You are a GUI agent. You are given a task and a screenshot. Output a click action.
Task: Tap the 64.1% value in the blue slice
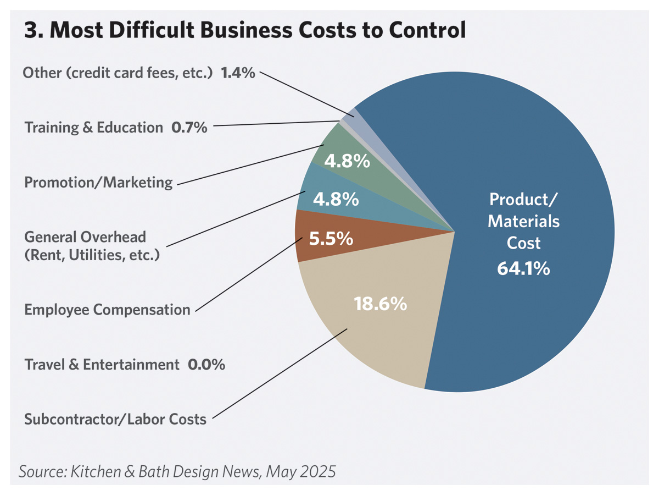(523, 269)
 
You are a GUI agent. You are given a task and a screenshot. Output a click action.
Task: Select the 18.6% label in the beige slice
(381, 304)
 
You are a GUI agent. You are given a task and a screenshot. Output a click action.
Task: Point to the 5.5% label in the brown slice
(331, 239)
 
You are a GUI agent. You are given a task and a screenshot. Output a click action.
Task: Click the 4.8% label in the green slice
(347, 162)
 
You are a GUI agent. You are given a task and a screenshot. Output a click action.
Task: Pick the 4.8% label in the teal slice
(336, 199)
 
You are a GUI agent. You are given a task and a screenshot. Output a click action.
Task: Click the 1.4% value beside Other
(238, 73)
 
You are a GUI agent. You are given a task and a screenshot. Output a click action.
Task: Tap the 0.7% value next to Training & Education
(189, 128)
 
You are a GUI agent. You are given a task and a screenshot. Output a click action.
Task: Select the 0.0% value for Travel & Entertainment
(206, 364)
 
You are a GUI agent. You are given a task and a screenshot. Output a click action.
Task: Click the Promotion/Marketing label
(99, 183)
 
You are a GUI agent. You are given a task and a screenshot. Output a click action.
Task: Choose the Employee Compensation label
(107, 310)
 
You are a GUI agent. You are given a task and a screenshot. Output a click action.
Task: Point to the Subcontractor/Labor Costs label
(115, 420)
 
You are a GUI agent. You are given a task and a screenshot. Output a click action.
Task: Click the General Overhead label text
(85, 237)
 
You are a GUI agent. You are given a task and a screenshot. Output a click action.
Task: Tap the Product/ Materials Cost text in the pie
(523, 221)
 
